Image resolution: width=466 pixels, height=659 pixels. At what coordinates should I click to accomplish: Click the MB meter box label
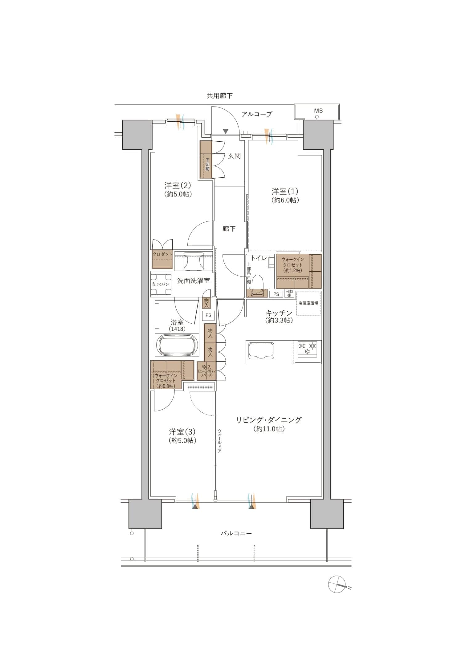(x=318, y=111)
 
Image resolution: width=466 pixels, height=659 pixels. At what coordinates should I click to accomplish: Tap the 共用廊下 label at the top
(x=220, y=96)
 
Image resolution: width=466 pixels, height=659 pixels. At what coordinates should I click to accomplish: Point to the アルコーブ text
(x=257, y=114)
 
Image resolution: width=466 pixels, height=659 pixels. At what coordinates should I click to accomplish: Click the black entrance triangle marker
(x=226, y=131)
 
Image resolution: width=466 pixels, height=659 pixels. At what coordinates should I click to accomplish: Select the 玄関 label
(x=234, y=156)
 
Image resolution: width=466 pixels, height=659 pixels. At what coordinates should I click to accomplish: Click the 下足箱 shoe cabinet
(x=206, y=160)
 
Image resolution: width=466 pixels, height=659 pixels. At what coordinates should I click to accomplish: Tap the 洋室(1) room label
(x=285, y=192)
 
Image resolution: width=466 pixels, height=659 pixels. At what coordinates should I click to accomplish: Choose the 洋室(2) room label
(x=178, y=185)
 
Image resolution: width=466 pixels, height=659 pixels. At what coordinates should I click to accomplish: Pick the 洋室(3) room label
(x=182, y=432)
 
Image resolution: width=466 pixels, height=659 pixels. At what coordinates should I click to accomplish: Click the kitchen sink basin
(x=261, y=350)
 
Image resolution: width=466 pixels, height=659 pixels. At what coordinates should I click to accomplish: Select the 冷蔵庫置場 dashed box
(x=308, y=303)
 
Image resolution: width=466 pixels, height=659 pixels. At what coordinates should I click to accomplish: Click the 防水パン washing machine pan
(x=161, y=284)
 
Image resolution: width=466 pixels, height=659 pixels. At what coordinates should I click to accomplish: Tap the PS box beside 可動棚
(x=276, y=294)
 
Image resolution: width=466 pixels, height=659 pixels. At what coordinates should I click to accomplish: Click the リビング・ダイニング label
(x=269, y=420)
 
